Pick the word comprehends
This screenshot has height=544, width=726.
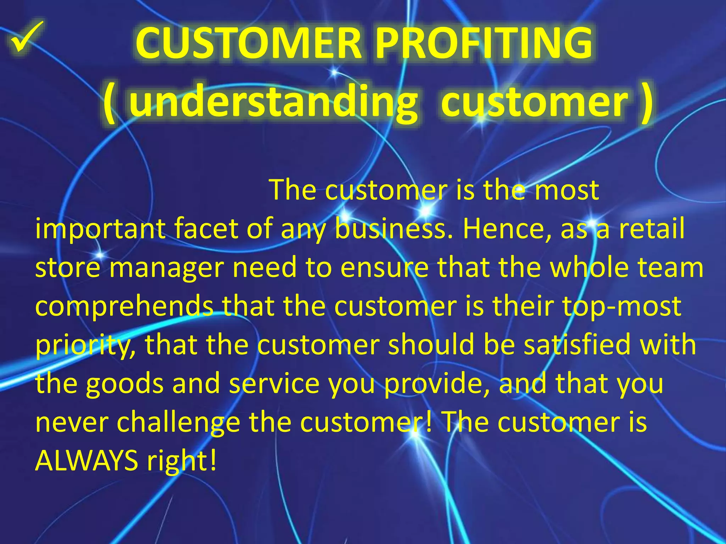[124, 307]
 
